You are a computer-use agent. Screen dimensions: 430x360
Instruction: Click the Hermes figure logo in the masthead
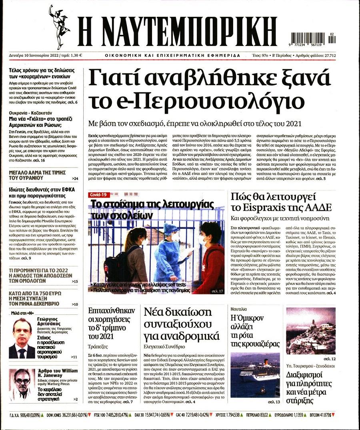[x=59, y=26]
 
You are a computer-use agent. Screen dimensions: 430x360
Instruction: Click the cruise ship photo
[x=255, y=375]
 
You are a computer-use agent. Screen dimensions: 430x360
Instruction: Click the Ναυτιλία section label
[x=239, y=309]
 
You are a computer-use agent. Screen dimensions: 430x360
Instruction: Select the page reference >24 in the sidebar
[x=75, y=178]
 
